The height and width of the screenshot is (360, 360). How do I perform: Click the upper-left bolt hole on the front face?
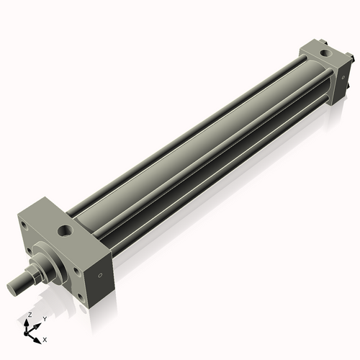pos(25,225)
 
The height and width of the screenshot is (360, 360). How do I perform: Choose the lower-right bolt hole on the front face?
pos(76,271)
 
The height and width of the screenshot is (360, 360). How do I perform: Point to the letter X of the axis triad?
pos(45,338)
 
